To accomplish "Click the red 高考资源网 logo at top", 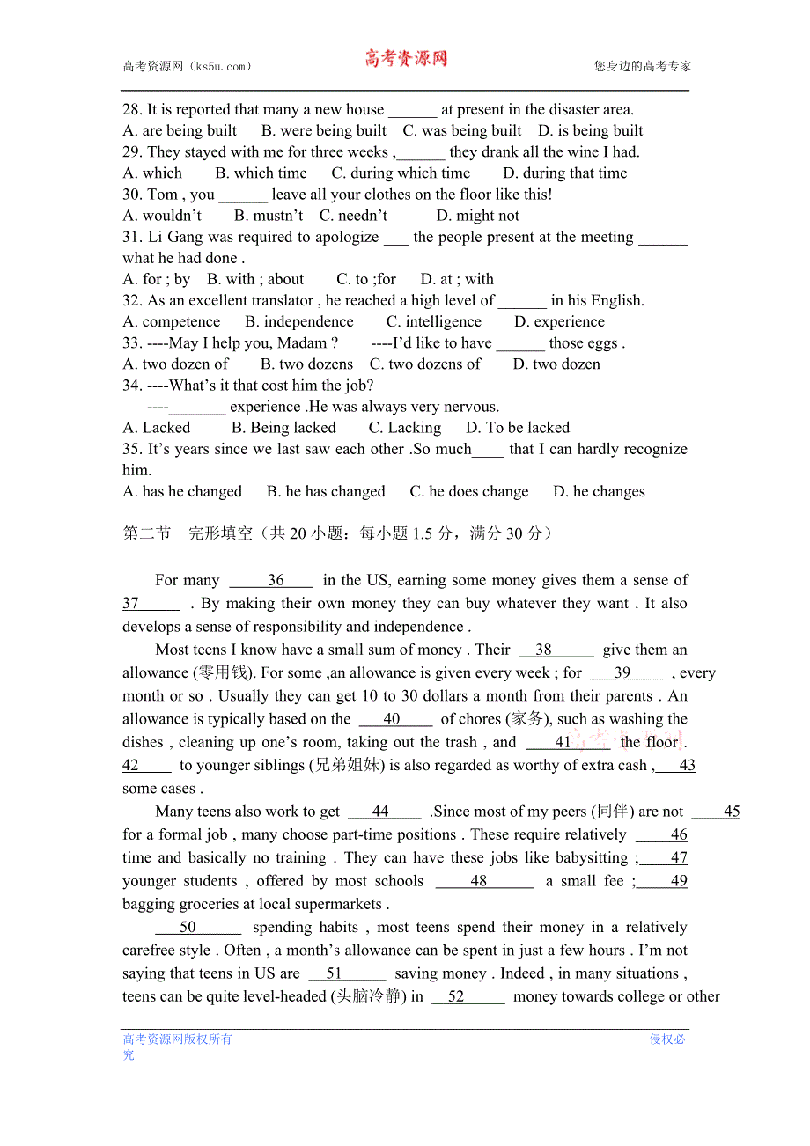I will click(x=406, y=59).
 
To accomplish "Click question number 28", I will click(x=132, y=110).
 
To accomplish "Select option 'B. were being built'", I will click(x=323, y=131).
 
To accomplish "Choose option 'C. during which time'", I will click(x=401, y=173).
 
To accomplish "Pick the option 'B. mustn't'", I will click(x=269, y=216).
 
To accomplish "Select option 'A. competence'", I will click(x=172, y=322).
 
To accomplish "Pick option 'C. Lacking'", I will click(x=404, y=428).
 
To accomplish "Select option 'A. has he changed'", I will click(x=182, y=491).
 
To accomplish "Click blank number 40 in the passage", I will click(x=393, y=719).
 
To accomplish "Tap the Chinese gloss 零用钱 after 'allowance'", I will click(x=223, y=673).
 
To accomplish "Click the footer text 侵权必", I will click(x=667, y=1039).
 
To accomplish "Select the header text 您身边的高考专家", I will click(x=643, y=66).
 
